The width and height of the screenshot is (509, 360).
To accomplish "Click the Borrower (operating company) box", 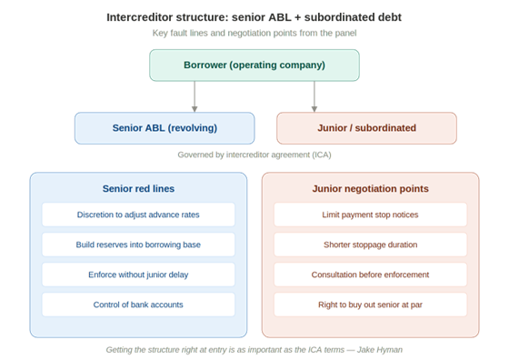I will (254, 65).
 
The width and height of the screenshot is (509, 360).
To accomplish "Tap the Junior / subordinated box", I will (366, 128).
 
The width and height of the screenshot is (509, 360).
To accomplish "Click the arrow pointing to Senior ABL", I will (195, 97).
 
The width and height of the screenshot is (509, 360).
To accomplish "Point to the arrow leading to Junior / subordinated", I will (314, 97).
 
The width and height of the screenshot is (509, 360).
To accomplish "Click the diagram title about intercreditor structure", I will (254, 17).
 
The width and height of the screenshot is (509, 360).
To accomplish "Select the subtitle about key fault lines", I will (254, 34).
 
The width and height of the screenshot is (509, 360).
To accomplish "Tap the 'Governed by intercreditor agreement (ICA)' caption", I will (254, 155).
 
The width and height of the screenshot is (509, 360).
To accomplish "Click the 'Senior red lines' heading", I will (138, 189).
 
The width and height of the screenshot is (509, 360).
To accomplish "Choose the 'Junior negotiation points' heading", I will (370, 189).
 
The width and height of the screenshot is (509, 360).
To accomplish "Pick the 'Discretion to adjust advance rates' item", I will (138, 215).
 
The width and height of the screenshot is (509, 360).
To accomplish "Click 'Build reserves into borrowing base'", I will (138, 245).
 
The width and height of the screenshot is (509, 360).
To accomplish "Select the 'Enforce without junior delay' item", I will (138, 275).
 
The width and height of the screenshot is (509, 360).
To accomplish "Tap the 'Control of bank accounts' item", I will (138, 305).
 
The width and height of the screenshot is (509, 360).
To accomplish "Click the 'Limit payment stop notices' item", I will (370, 215).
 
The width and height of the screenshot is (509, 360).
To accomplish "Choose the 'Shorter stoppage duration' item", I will (370, 245).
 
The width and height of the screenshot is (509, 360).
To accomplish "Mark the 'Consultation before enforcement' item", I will (370, 275).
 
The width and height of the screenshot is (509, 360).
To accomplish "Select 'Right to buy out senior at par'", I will (370, 305).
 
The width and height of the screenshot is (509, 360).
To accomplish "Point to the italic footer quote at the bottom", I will (254, 349).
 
